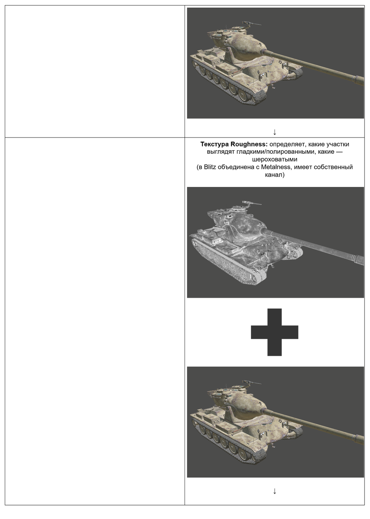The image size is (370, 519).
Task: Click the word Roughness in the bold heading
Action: click(249, 144)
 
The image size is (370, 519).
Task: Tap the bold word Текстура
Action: click(214, 144)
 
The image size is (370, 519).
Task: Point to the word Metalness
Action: click(282, 167)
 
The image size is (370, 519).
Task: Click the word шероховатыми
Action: click(274, 159)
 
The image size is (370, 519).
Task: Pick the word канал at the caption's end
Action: click(274, 175)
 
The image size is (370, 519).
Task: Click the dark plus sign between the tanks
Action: click(274, 332)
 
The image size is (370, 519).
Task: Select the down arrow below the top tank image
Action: click(274, 131)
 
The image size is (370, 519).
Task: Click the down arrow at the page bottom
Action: click(274, 491)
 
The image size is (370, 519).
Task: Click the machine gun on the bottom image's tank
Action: click(251, 382)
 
